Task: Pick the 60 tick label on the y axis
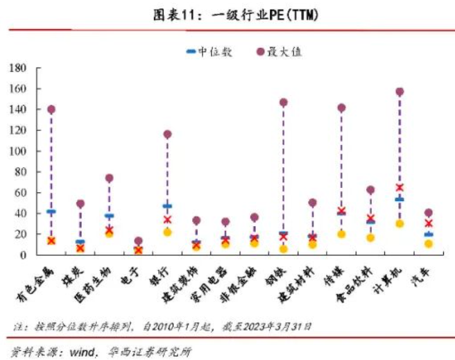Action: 21,193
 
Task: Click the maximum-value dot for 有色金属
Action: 51,110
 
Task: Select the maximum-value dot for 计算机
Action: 400,92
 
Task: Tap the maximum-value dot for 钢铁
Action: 283,103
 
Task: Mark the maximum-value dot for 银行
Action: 167,135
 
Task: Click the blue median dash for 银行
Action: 167,206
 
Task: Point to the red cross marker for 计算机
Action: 400,187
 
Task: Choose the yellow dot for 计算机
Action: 400,223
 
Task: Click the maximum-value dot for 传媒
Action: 341,108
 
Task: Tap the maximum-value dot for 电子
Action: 138,241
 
